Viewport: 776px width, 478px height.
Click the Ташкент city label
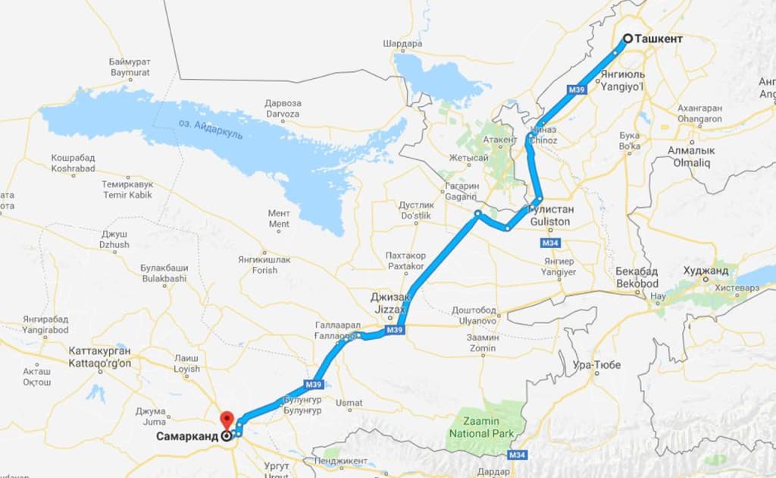pos(659,38)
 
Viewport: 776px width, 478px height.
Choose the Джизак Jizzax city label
pos(388,304)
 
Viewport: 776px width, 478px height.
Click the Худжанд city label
pos(705,271)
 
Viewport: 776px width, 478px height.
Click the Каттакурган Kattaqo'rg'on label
pos(99,357)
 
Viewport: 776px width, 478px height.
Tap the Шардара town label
pos(402,44)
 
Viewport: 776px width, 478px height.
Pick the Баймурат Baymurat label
pos(130,67)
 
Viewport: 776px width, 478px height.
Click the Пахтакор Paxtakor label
pos(405,261)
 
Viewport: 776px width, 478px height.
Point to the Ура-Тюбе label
pos(597,366)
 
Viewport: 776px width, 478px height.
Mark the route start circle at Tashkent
pos(627,38)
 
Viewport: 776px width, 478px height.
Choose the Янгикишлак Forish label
pos(264,265)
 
